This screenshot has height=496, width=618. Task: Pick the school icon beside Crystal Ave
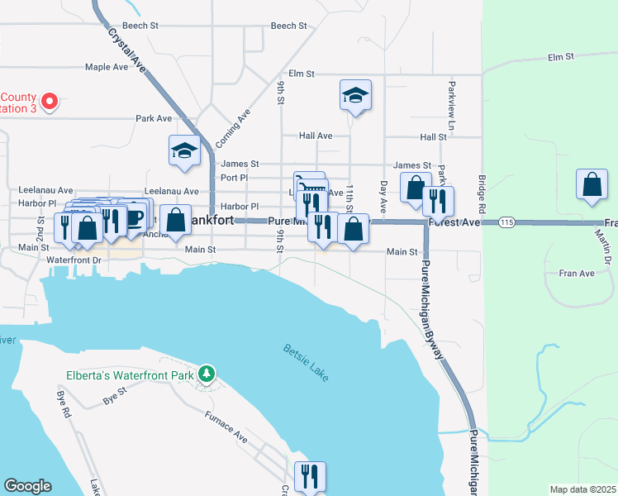[x=184, y=150]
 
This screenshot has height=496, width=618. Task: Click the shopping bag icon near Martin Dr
[x=592, y=186]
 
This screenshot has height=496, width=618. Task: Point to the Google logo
[x=27, y=486]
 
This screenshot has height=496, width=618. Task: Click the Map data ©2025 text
[x=582, y=489]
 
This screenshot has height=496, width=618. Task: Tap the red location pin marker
[x=49, y=102]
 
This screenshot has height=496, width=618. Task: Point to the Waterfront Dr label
[x=74, y=260]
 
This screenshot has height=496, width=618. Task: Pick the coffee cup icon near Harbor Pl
[x=135, y=217]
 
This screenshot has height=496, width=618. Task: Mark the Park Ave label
[x=154, y=118]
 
